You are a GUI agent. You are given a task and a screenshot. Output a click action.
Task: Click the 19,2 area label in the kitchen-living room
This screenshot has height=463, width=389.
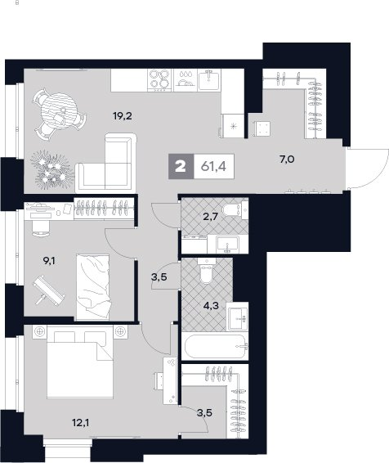[x=123, y=116]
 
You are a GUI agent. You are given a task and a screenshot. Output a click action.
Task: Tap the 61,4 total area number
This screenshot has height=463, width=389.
[x=213, y=167]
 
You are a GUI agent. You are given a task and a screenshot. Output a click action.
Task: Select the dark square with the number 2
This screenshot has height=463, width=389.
[x=181, y=167]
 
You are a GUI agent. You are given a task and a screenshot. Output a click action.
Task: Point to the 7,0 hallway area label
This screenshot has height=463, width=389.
[x=287, y=160]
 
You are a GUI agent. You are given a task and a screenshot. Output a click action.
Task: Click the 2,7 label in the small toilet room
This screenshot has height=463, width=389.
[x=210, y=217]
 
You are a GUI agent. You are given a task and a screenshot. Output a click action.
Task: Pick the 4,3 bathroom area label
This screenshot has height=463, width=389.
[x=211, y=305]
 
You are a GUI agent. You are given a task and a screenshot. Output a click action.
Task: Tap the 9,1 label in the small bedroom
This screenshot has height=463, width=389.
[x=49, y=261]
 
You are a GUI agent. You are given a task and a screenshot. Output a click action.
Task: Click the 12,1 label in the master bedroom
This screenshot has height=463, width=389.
[x=81, y=423]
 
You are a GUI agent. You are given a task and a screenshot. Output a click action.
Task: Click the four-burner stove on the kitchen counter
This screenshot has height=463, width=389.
[x=159, y=79]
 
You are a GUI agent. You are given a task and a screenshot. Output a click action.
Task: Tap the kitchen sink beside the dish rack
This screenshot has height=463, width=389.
[x=209, y=79]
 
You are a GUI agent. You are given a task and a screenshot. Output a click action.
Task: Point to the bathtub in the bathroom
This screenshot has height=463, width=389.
[x=215, y=346]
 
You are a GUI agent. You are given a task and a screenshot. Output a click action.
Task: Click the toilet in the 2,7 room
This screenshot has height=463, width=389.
[x=234, y=209]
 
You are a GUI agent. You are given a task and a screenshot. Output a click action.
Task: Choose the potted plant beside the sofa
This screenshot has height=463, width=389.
[x=52, y=169]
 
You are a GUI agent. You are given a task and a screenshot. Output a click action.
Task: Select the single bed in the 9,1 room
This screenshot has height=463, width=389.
[x=92, y=287]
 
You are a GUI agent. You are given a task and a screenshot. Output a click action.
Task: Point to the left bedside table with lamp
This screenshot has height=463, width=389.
[x=39, y=332]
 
